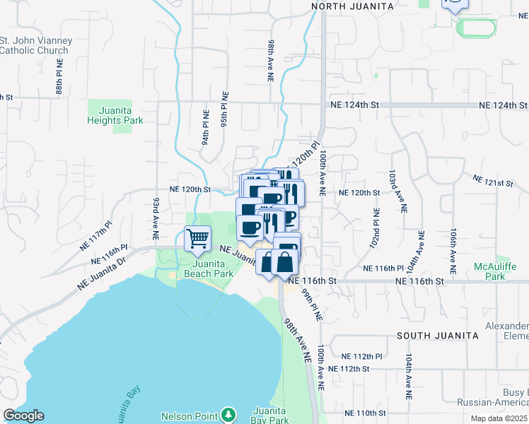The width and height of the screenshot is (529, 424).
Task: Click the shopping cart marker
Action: (198, 237)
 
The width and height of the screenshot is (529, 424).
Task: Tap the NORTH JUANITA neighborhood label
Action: (352, 6)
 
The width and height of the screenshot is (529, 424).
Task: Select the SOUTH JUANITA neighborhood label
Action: (434, 335)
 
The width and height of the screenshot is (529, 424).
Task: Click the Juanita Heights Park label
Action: (115, 116)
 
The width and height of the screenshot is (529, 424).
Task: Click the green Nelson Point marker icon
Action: (228, 415)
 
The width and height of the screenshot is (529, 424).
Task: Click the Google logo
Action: (23, 416)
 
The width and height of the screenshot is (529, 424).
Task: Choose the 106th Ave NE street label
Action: (452, 251)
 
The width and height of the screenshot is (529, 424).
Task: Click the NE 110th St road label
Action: (365, 413)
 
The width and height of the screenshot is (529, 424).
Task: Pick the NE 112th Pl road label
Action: (361, 356)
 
